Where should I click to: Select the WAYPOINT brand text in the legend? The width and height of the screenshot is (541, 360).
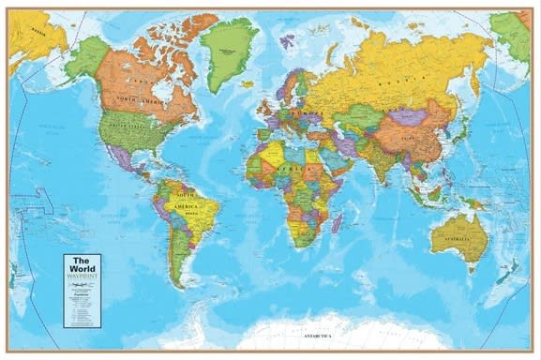(x=82, y=275)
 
